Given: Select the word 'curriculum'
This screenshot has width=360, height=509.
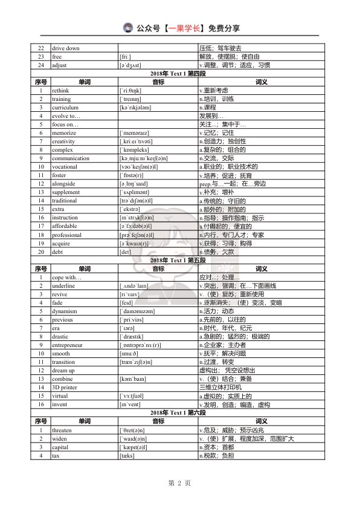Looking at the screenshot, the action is click(65, 107).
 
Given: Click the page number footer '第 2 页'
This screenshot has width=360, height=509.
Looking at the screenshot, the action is click(179, 483).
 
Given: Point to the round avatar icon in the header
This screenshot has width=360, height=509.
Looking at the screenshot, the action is click(128, 27).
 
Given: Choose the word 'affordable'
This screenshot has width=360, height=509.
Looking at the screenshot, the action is click(64, 225).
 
